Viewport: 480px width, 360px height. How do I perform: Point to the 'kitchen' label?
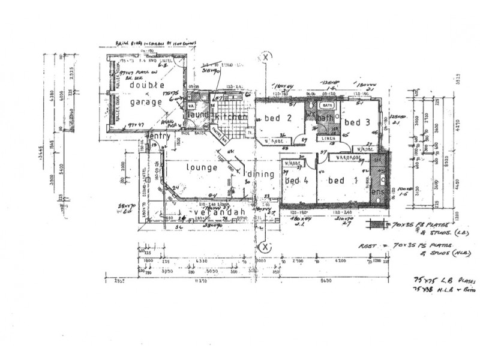point(232,117)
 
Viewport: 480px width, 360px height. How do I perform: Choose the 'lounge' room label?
point(201,168)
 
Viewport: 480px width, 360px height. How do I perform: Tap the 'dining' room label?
point(260,175)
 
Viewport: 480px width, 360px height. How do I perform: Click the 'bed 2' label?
point(279,118)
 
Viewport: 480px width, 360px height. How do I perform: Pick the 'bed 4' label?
point(296,181)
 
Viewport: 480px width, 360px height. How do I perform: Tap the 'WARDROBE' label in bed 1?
point(346,158)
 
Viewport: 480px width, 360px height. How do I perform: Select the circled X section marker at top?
point(265,58)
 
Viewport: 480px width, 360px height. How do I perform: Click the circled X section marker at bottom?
point(262,247)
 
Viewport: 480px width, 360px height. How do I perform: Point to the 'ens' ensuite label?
point(378,192)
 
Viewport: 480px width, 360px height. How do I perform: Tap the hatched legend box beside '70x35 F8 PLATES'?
point(376,226)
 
